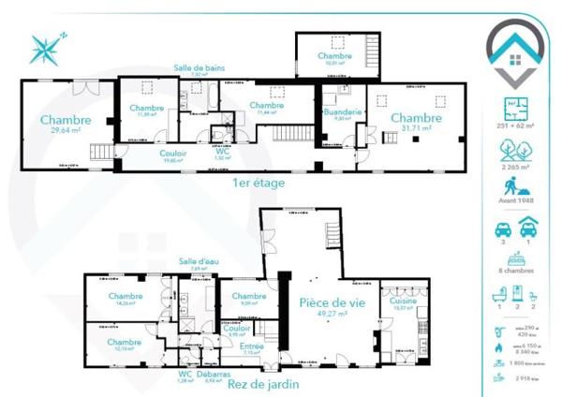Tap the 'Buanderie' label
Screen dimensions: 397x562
pyautogui.click(x=336, y=113)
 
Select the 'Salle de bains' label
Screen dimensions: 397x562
pyautogui.click(x=199, y=67)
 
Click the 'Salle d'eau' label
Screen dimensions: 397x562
pyautogui.click(x=199, y=262)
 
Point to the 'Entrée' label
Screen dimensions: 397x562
pyautogui.click(x=251, y=347)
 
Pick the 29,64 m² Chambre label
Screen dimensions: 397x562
pyautogui.click(x=66, y=121)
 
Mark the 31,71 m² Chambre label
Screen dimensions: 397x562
pyautogui.click(x=416, y=118)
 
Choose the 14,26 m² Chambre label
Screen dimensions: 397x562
pyautogui.click(x=125, y=297)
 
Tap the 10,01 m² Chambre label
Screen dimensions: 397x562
pyautogui.click(x=334, y=56)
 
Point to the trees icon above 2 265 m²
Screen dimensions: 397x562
pyautogui.click(x=515, y=150)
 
